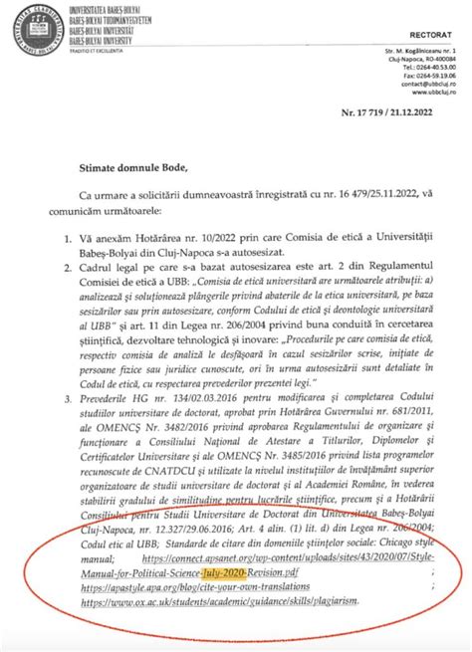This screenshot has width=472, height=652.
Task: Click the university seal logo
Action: [x=30, y=30]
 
